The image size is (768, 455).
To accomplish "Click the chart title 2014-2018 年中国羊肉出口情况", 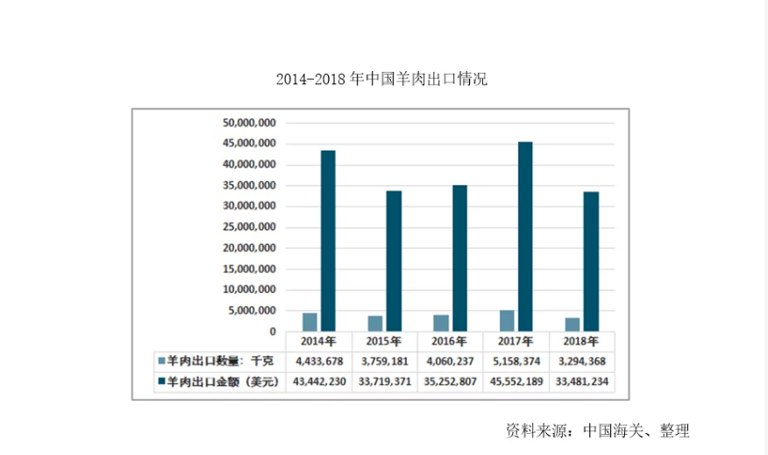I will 381,80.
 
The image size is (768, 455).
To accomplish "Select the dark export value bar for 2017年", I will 525,237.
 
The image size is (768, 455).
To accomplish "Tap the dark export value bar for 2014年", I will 328,241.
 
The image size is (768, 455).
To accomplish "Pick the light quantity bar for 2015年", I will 375,323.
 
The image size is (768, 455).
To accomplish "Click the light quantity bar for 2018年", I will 572,324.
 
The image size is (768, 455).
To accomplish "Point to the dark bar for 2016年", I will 459,259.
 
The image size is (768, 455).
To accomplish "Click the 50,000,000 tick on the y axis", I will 250,123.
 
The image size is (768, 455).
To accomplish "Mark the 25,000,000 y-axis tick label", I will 250,227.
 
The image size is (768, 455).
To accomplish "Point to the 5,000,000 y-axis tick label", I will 253,310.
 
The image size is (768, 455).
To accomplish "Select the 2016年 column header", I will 451,342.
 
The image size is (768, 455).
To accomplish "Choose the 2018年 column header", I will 582,342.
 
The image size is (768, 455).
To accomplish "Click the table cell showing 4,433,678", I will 319,361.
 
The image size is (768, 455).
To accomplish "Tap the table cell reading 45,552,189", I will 516,381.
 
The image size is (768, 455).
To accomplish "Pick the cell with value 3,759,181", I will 385,361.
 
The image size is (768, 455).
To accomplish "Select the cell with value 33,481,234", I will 582,381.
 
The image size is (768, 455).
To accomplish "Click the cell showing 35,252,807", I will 451,381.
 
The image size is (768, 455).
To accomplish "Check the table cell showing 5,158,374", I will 516,361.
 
